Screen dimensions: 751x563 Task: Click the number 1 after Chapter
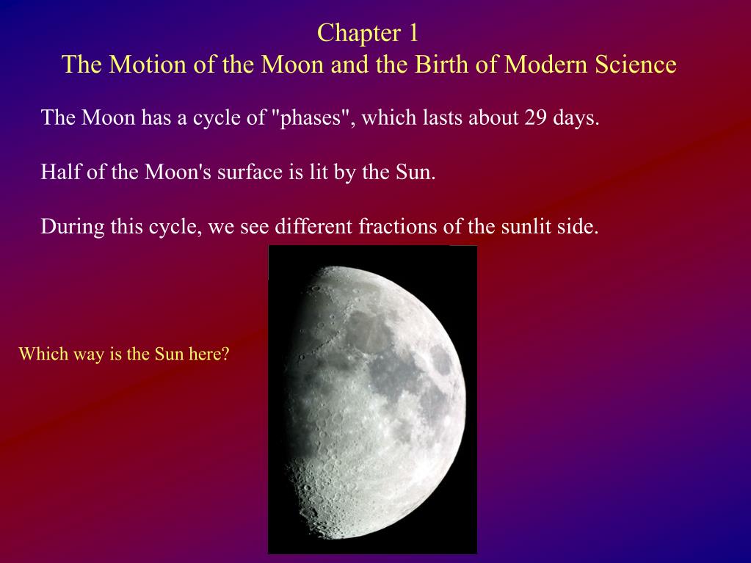[413, 33]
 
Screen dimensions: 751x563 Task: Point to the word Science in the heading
[636, 65]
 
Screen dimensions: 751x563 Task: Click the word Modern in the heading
[545, 65]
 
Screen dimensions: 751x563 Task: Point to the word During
[73, 226]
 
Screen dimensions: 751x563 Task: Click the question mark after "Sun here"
[225, 354]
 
